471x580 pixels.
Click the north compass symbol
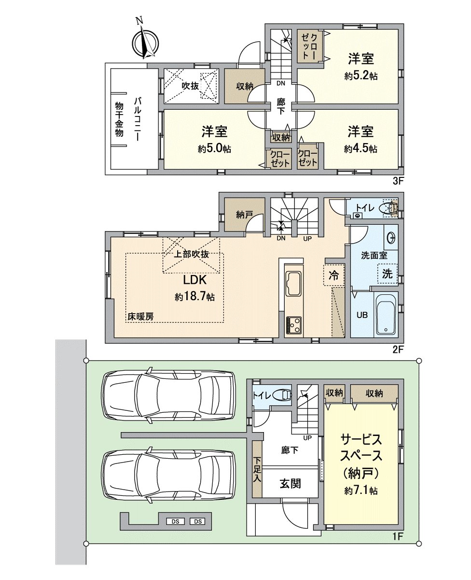[145, 42]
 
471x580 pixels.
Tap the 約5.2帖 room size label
[361, 76]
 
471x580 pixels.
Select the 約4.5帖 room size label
[360, 149]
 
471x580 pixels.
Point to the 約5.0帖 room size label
[214, 149]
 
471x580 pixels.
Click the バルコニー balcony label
[137, 119]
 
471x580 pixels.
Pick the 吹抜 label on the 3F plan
[190, 86]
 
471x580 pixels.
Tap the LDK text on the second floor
[195, 280]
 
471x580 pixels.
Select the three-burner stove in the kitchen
[293, 325]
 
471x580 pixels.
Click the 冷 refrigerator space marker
[334, 275]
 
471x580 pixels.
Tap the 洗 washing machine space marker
[388, 274]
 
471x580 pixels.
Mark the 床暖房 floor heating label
[140, 317]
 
